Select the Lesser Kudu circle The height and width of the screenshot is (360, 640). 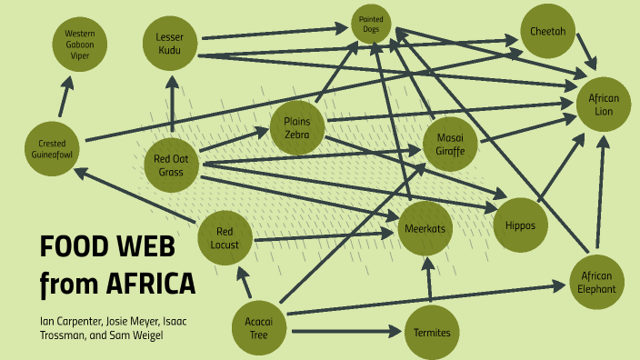(x=170, y=43)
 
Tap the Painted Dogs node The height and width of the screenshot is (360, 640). (x=371, y=25)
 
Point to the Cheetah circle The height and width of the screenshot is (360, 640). (x=547, y=31)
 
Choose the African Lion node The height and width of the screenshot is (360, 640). (x=604, y=104)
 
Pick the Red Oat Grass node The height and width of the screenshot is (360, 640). (x=171, y=165)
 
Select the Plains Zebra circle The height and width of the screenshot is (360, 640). (x=297, y=128)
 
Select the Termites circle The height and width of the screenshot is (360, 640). (x=432, y=332)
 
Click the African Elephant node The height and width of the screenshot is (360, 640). (x=597, y=282)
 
